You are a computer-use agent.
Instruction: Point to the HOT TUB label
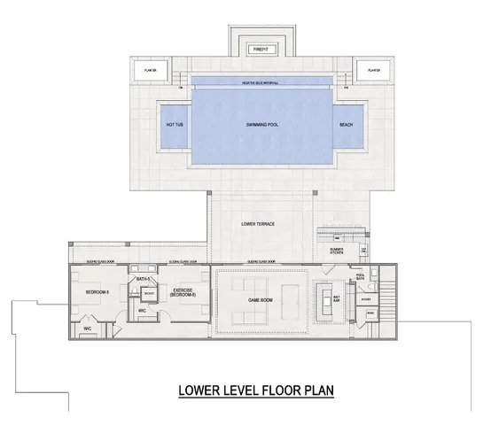174,125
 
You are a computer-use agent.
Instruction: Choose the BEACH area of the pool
346,125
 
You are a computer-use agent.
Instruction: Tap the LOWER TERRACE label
258,224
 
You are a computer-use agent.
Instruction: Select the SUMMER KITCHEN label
337,252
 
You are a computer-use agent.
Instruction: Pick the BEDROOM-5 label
97,290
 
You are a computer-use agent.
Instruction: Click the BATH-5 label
141,279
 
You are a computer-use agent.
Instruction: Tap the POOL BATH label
361,277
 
